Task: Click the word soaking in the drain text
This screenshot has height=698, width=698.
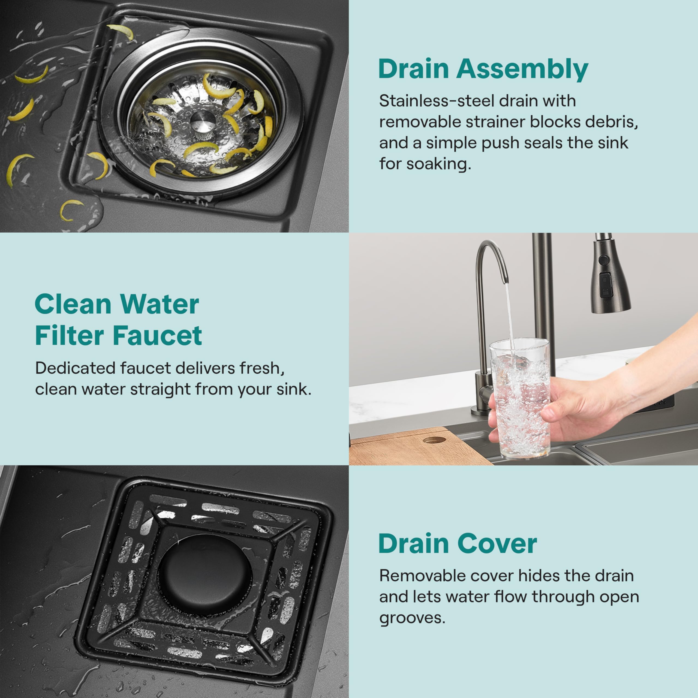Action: click(439, 164)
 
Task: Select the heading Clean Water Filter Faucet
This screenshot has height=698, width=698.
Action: click(118, 320)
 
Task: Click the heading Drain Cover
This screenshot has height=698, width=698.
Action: click(458, 544)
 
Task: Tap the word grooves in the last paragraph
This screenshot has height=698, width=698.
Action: click(412, 618)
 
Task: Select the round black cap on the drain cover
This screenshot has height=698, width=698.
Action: click(204, 576)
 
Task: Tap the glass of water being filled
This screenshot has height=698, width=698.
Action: click(520, 401)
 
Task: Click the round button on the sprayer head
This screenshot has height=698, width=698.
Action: click(603, 259)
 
